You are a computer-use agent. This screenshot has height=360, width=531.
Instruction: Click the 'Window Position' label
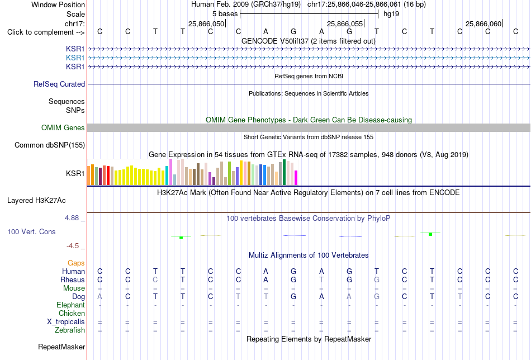coord(58,4)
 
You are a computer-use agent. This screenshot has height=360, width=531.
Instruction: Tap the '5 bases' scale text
coord(225,14)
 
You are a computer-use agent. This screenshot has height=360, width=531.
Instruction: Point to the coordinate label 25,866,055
coord(345,23)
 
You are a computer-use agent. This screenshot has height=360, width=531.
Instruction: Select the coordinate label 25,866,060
coord(483,23)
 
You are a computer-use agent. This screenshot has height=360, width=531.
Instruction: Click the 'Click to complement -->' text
coord(46,32)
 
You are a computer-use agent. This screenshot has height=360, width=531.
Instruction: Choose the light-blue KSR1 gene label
coord(75,58)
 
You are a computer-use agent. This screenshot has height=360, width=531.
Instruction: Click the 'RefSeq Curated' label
coord(59,84)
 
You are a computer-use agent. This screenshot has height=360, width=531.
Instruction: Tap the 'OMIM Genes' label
coord(63,127)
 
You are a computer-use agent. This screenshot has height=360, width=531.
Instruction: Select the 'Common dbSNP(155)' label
coord(50,145)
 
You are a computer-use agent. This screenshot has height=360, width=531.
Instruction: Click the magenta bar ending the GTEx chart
coord(296,178)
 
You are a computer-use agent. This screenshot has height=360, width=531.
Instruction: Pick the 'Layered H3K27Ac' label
coord(36,201)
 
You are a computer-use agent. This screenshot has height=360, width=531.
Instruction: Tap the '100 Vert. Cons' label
coord(31,231)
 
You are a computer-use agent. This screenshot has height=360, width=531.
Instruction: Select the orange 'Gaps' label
coord(76,263)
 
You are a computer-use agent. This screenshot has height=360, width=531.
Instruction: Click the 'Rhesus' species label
coord(73,280)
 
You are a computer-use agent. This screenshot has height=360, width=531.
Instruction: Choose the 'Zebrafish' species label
coord(70,330)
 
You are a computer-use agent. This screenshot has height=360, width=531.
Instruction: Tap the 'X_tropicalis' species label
coord(66,322)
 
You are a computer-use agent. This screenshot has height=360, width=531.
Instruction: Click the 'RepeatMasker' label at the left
coord(61,347)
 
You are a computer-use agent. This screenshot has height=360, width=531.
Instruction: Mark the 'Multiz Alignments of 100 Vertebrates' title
coord(309,255)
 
